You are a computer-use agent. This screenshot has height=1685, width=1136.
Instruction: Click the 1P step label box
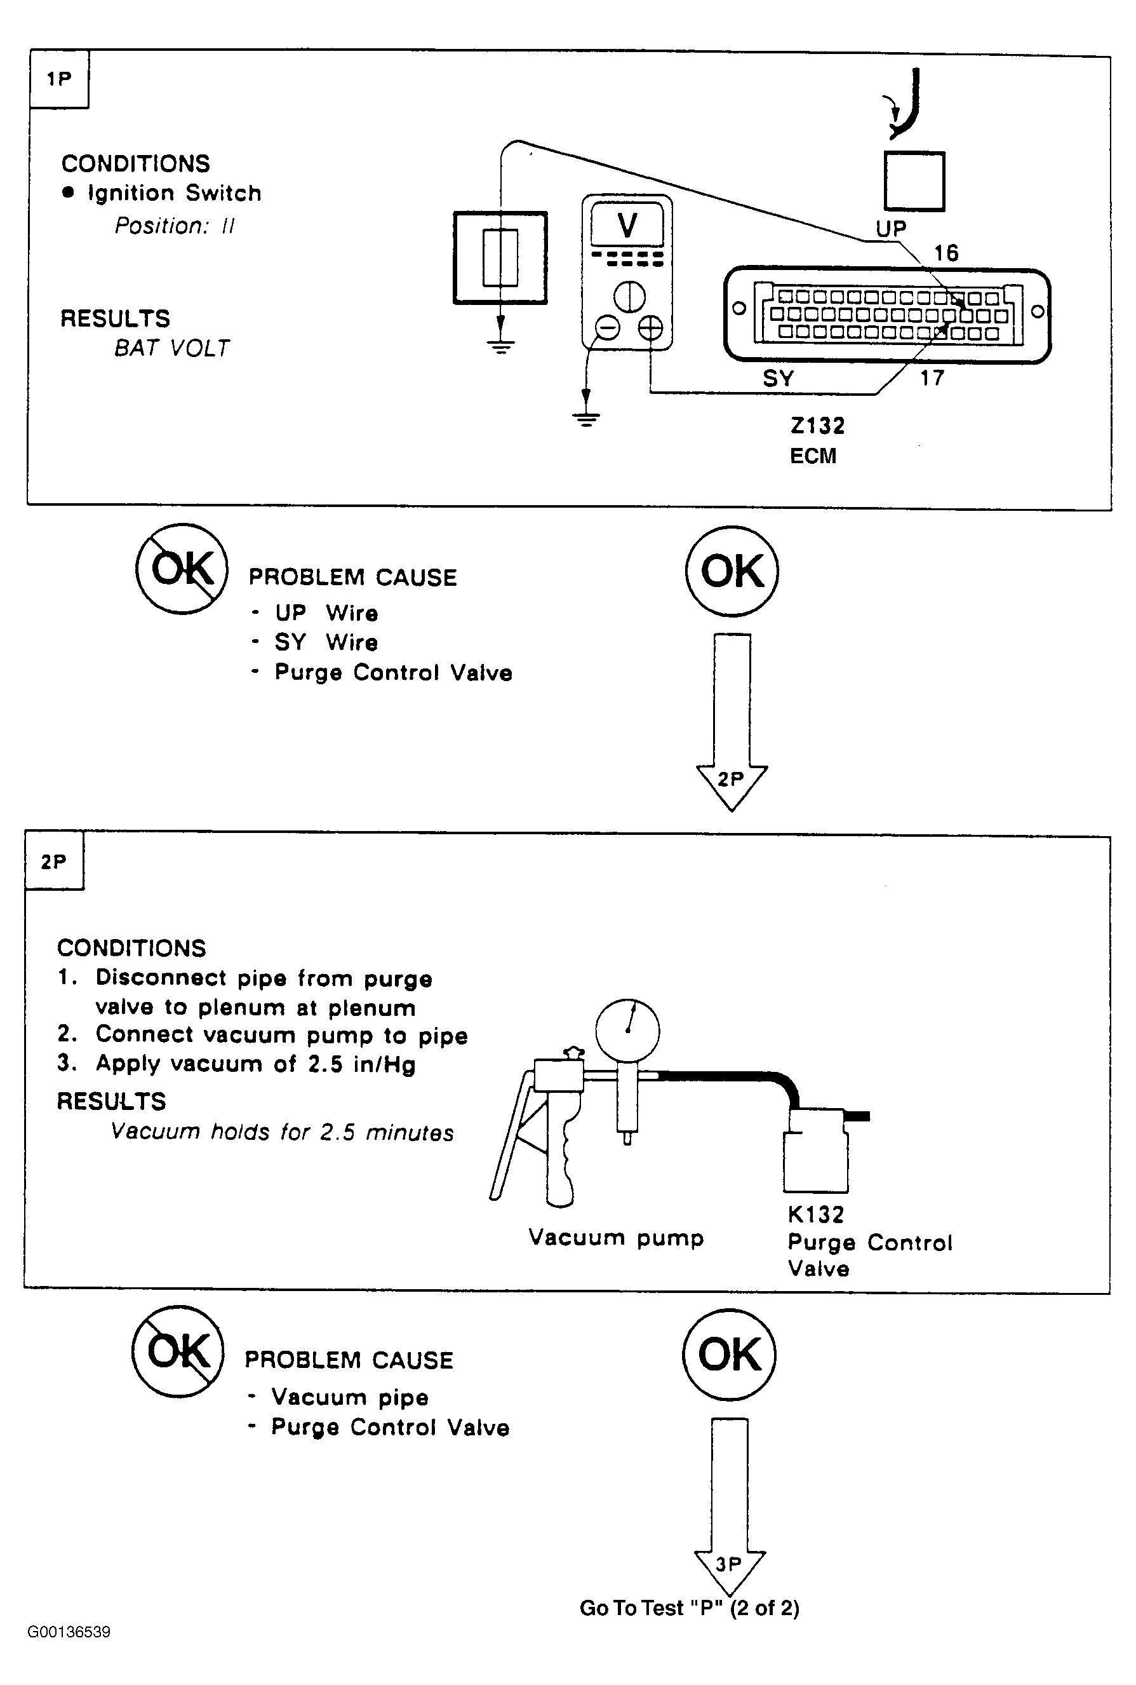point(60,79)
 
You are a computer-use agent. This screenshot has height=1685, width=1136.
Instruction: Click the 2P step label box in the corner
point(55,861)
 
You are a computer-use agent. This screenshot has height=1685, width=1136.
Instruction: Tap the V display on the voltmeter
point(627,225)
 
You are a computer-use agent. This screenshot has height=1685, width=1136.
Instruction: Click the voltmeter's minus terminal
point(607,328)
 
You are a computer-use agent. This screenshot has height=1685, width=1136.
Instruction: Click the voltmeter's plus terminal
point(650,328)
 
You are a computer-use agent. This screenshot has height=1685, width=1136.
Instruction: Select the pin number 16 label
point(946,253)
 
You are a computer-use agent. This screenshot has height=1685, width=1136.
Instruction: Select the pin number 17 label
point(932,377)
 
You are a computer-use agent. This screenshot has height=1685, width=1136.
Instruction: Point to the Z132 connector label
point(817,426)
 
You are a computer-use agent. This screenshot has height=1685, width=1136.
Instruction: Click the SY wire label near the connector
point(778,378)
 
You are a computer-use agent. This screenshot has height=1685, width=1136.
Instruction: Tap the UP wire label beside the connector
point(891,229)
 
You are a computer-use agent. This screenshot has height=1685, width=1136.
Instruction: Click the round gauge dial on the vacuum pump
point(627,1031)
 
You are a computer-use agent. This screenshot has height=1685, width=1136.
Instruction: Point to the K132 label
point(816,1214)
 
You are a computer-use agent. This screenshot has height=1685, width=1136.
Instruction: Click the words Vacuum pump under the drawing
point(616,1238)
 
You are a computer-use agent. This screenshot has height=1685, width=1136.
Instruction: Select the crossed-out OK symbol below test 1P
point(182,569)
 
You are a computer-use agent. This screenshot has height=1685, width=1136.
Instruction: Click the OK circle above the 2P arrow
point(732,571)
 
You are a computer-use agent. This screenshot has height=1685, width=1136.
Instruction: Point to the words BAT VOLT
point(171,349)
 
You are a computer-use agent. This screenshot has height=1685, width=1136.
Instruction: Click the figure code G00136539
point(69,1632)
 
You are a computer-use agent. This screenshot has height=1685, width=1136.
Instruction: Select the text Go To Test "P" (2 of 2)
point(689,1608)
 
